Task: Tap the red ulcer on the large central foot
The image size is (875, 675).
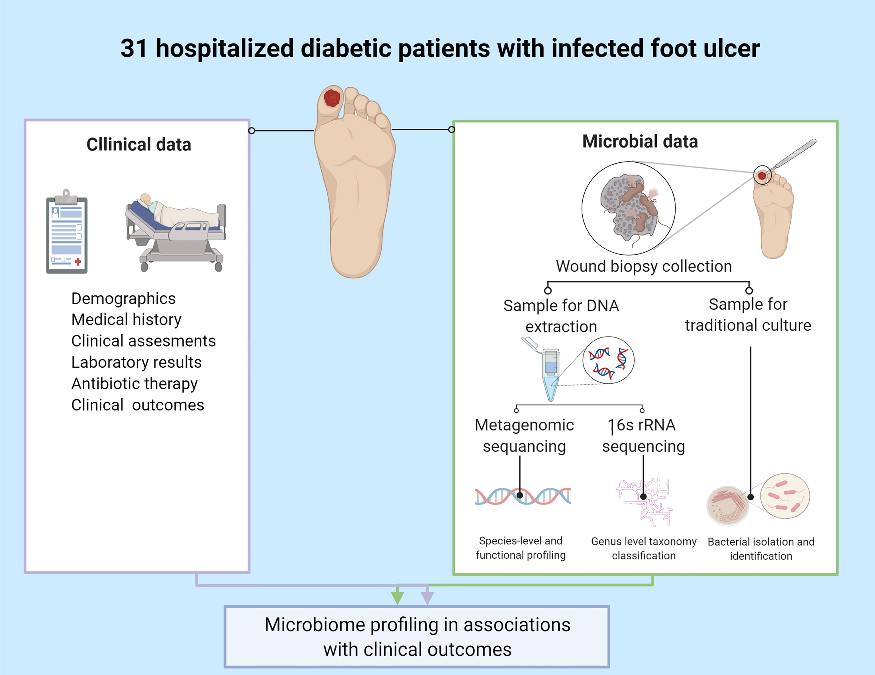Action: pyautogui.click(x=332, y=98)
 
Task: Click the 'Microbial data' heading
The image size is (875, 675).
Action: pyautogui.click(x=640, y=141)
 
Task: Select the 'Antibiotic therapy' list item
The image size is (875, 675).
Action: pyautogui.click(x=134, y=383)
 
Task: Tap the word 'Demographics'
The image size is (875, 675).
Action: pyautogui.click(x=123, y=299)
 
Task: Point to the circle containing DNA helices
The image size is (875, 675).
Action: pyautogui.click(x=608, y=360)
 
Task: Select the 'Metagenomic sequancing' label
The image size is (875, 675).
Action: pyautogui.click(x=524, y=436)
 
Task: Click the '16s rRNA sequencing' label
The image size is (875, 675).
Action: pyautogui.click(x=643, y=436)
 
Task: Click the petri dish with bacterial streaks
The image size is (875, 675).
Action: pyautogui.click(x=727, y=505)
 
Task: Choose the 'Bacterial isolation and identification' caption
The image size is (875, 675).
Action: pyautogui.click(x=761, y=549)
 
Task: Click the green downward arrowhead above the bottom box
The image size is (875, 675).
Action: pyautogui.click(x=397, y=596)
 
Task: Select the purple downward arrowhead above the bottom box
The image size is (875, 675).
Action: pyautogui.click(x=427, y=596)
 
